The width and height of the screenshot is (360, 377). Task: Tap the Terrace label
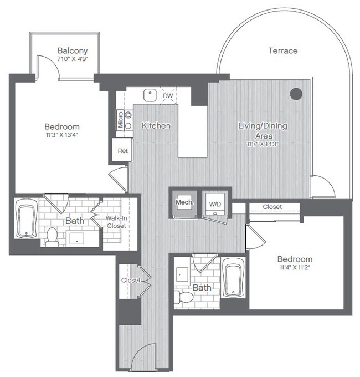coord(283,50)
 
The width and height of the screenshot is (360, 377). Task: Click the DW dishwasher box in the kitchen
coord(167,96)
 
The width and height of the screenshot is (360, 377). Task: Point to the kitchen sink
coord(149,95)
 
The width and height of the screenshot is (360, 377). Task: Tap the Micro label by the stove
coord(120,121)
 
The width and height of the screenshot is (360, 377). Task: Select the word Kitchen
coord(156,126)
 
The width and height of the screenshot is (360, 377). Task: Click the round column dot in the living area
coord(296,93)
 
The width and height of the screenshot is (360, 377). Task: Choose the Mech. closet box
coord(184,203)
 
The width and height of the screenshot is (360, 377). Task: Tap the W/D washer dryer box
coord(214,203)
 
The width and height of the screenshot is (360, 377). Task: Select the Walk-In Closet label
coord(116,222)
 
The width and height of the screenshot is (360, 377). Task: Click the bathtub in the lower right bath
coord(233,278)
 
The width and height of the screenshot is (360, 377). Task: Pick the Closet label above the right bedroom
coord(272,207)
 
